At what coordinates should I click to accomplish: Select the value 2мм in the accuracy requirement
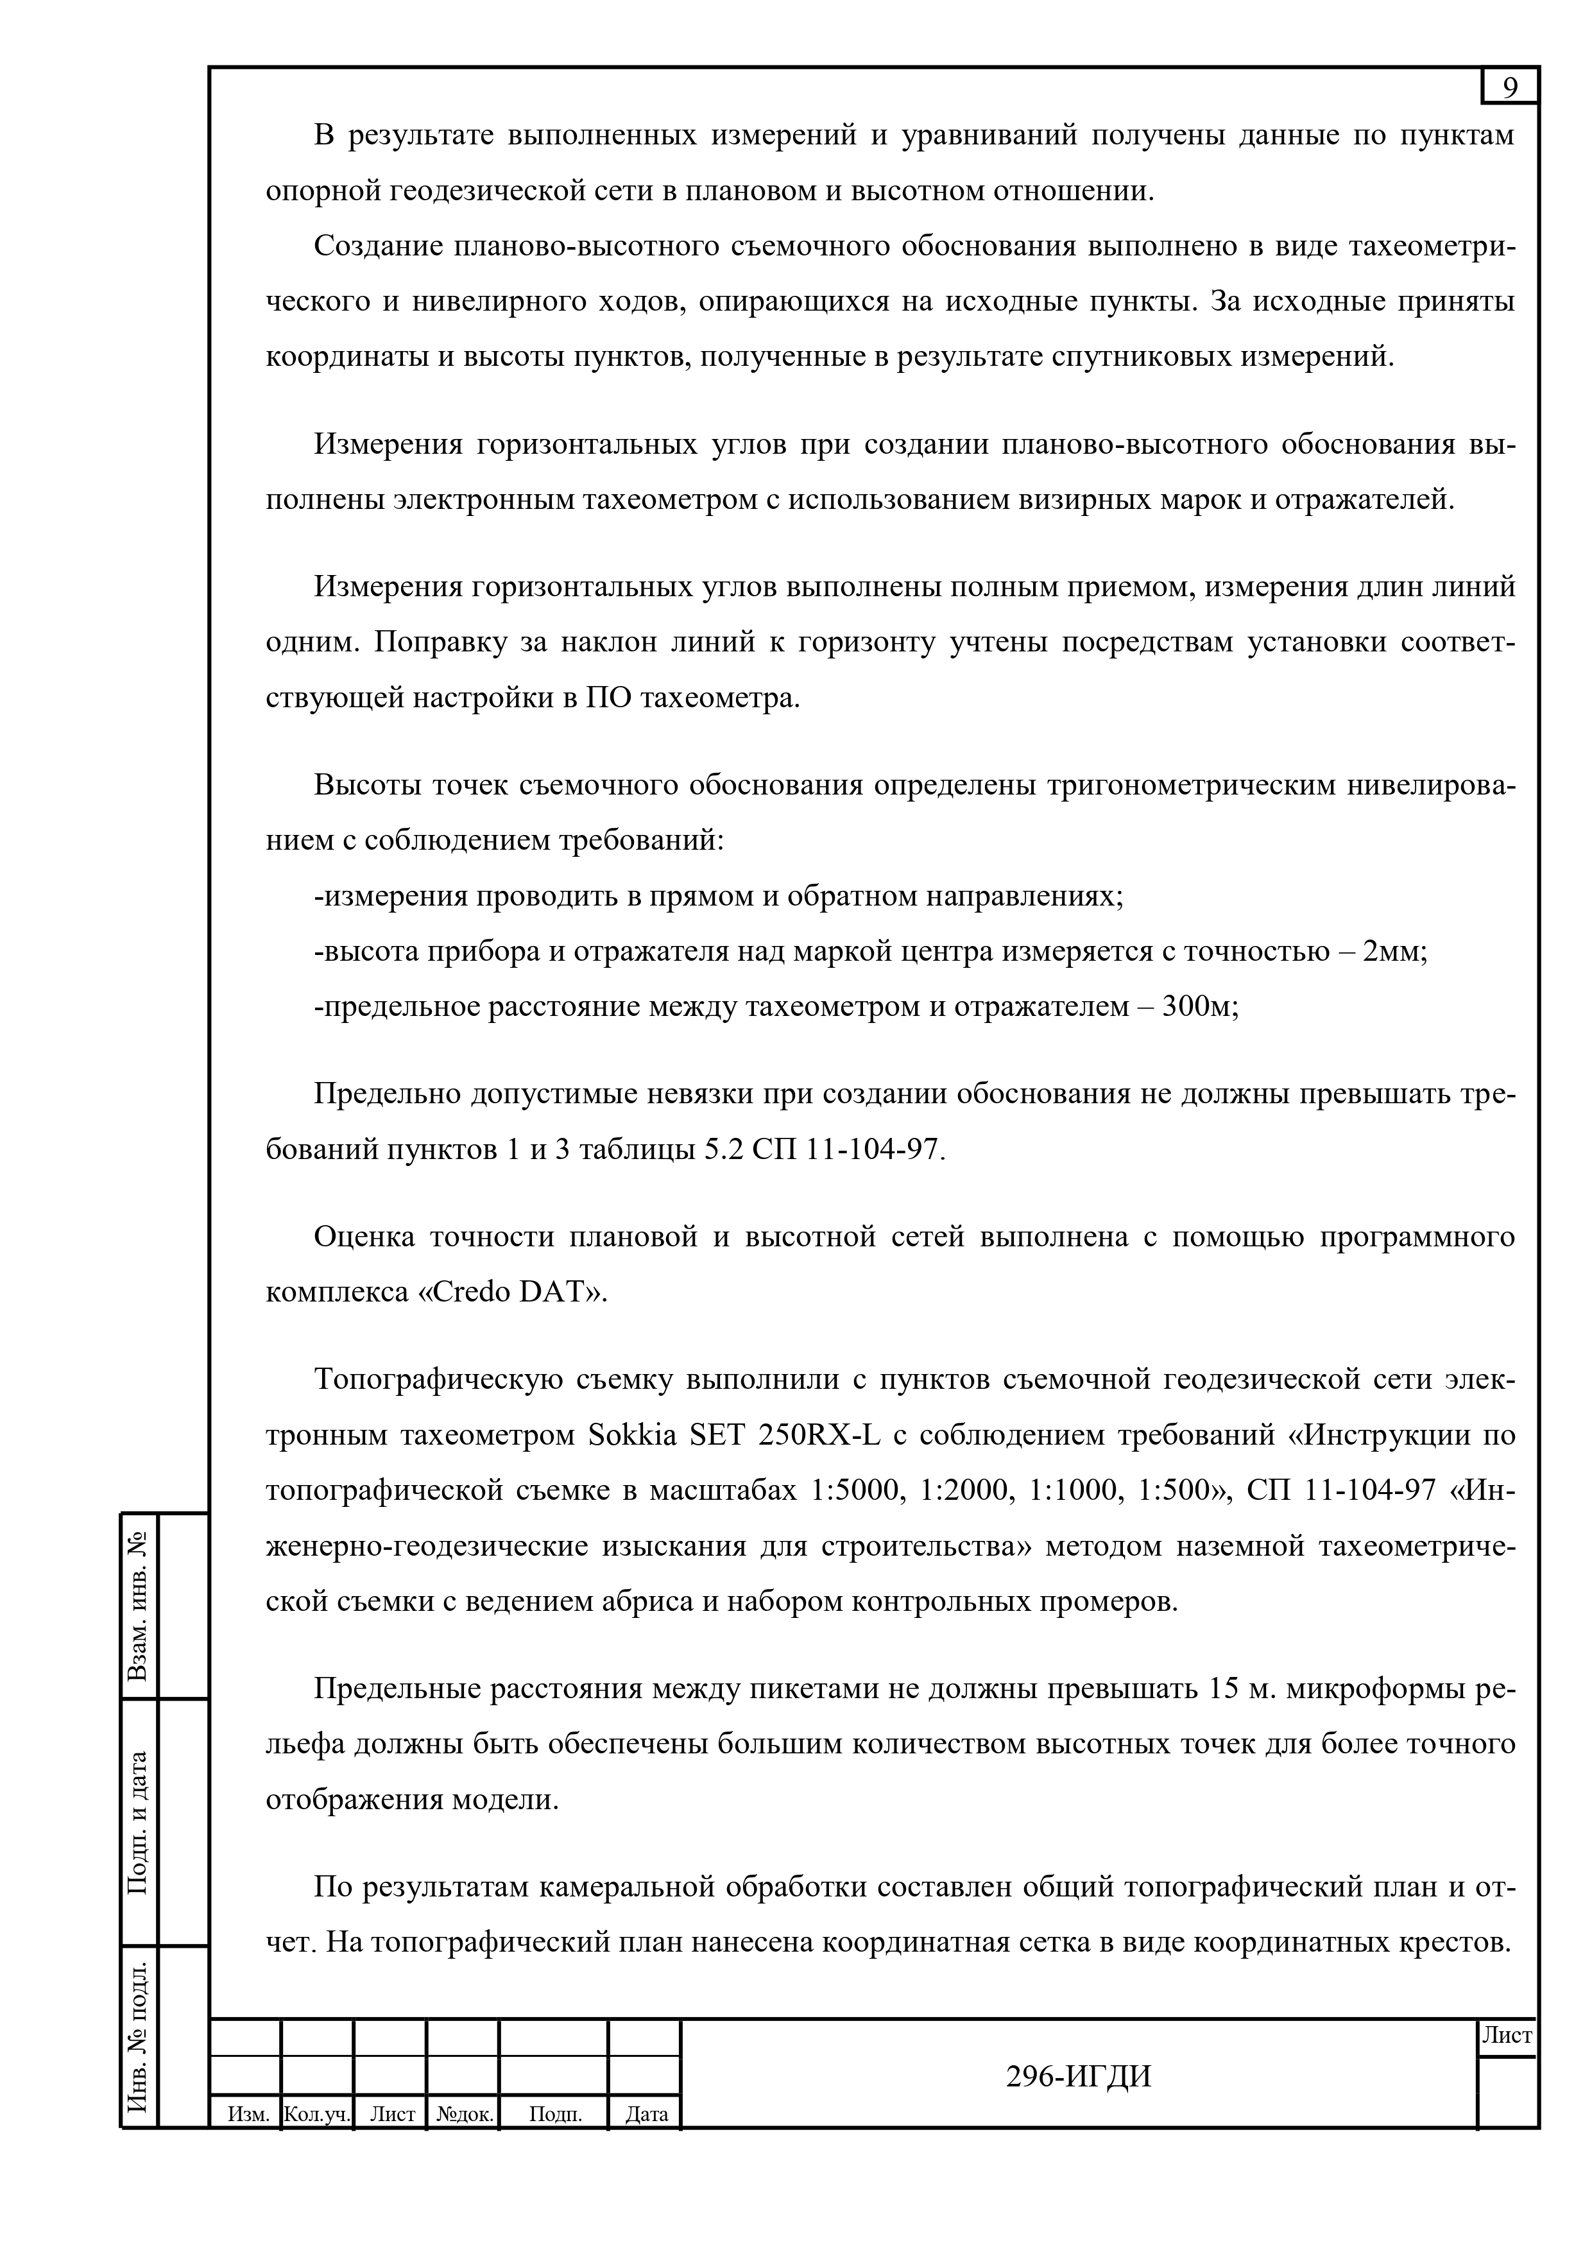click(1393, 951)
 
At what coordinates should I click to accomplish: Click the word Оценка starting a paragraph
click(364, 1237)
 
